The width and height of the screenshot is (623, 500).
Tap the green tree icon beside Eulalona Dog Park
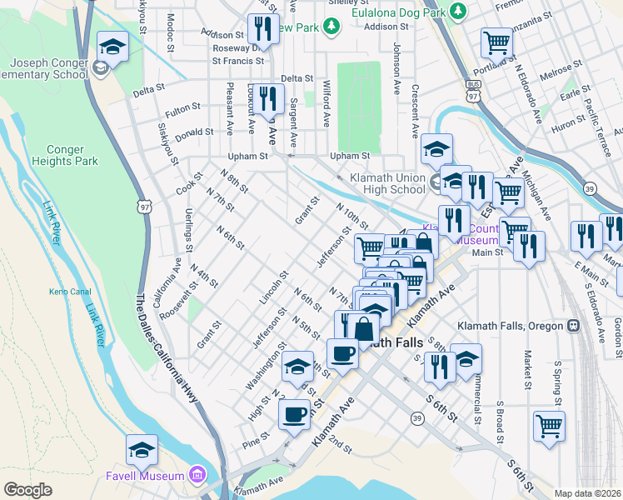coord(457,11)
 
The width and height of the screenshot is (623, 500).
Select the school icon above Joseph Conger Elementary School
coord(112,47)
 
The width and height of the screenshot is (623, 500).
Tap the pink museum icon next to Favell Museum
coord(197,475)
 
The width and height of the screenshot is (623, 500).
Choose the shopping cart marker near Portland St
coord(496,42)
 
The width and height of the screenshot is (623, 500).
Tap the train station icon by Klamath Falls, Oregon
coord(573,326)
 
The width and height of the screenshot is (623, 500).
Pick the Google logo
coord(27,490)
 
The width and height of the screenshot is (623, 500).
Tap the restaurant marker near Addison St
coord(262,30)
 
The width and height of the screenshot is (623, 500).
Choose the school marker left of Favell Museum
coord(142,451)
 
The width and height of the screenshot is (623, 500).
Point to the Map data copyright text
coord(588,493)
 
